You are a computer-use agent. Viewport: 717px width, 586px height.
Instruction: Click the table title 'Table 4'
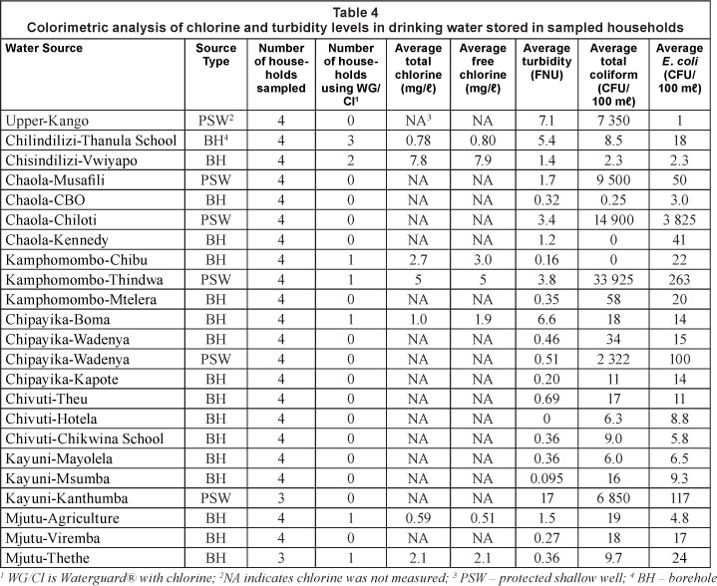click(358, 9)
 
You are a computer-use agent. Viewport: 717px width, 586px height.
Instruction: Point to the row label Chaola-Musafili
click(56, 182)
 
